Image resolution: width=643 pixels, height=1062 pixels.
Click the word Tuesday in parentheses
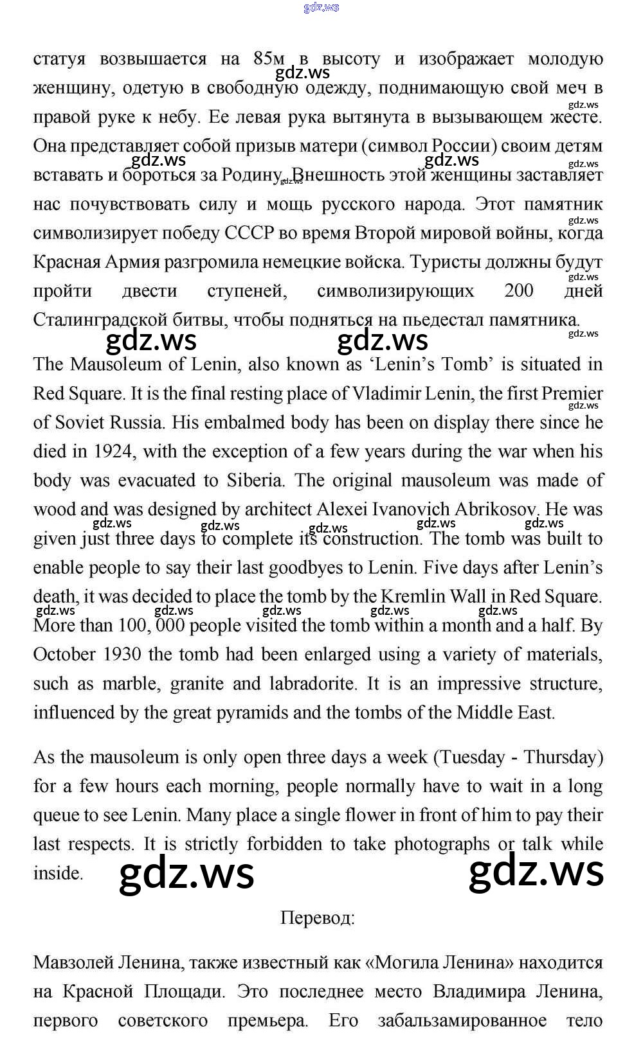[x=473, y=757]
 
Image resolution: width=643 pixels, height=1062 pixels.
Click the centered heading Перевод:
[x=317, y=917]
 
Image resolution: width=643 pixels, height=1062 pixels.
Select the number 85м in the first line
[x=269, y=59]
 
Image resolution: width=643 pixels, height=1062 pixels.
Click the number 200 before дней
[x=519, y=291]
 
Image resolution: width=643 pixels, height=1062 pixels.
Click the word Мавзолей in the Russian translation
[x=71, y=962]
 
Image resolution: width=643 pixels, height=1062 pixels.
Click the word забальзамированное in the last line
[x=462, y=1020]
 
